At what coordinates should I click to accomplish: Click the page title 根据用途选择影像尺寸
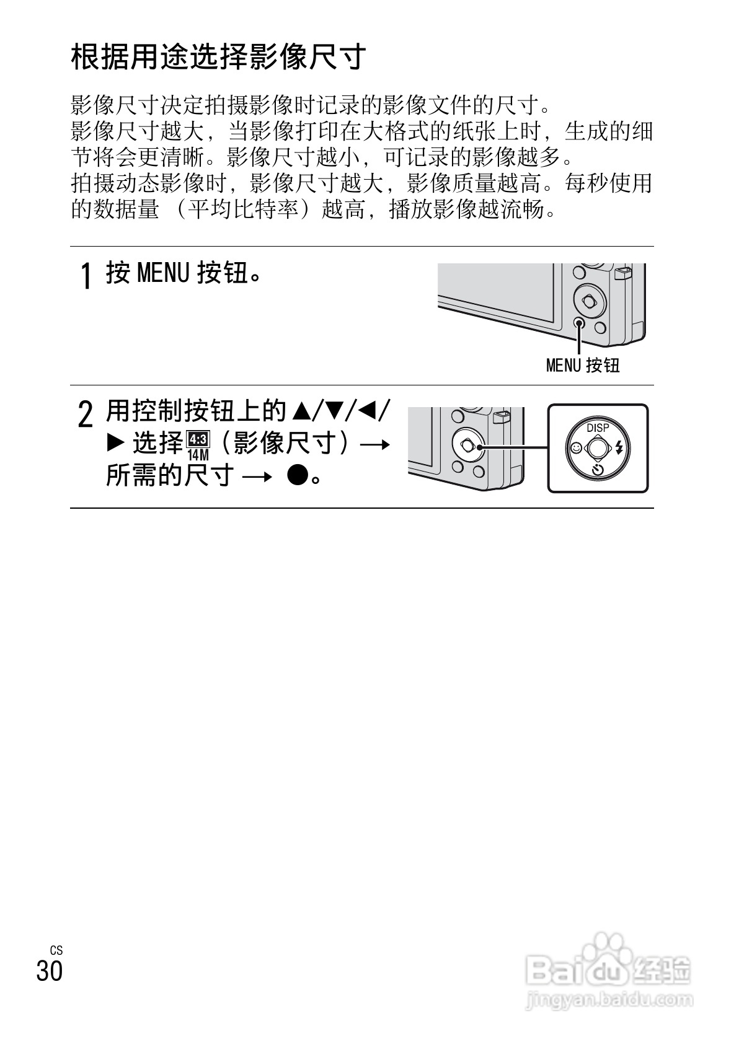(x=219, y=58)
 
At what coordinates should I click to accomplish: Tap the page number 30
(x=50, y=970)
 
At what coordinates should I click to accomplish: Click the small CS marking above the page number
(x=56, y=951)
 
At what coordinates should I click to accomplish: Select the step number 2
(x=87, y=415)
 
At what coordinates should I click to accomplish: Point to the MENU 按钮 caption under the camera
(x=583, y=366)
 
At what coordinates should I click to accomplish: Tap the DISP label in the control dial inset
(x=598, y=428)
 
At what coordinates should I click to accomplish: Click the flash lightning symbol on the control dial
(x=619, y=448)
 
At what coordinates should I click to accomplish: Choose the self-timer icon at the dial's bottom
(x=598, y=469)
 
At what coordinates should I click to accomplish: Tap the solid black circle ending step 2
(x=298, y=475)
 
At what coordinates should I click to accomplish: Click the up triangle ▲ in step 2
(x=300, y=410)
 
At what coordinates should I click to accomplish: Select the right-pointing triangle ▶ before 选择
(x=116, y=443)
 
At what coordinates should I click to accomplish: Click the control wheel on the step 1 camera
(x=588, y=301)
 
